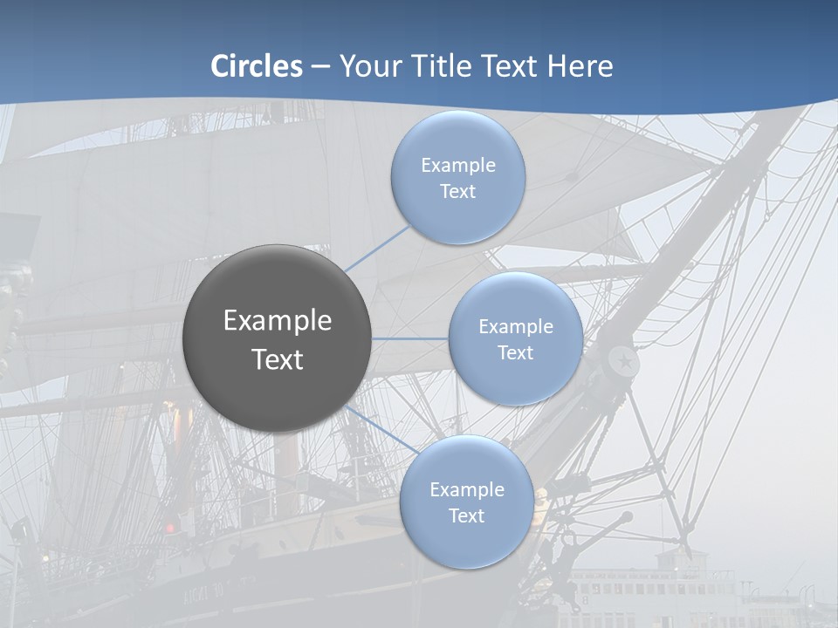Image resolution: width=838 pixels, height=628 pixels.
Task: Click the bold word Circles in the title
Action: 257,66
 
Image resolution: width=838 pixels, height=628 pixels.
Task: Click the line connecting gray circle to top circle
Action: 377,247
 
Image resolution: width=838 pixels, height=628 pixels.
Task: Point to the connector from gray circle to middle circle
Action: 409,338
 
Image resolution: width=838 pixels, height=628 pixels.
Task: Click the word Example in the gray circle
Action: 278,321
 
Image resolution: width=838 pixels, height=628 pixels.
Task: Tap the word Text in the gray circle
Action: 278,359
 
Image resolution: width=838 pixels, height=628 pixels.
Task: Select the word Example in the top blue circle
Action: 457,166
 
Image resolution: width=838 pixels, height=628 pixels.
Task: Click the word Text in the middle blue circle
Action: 515,353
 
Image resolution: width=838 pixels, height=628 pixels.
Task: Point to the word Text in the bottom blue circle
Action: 466,516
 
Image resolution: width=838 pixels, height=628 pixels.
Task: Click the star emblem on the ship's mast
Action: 624,359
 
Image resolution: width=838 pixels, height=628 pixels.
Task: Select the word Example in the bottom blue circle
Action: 466,490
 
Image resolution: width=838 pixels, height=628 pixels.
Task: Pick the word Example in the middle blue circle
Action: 515,327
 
